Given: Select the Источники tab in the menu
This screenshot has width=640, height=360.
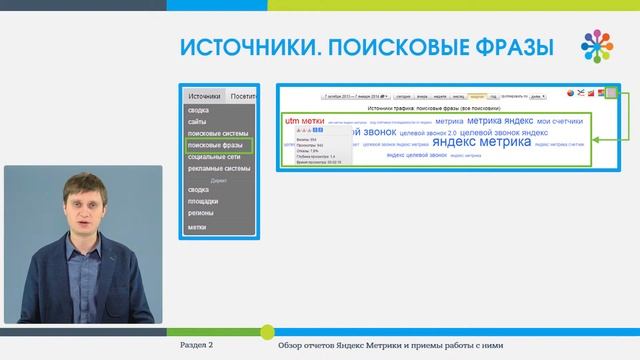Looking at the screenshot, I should (204, 97).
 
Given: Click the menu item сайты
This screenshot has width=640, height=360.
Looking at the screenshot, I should (197, 122).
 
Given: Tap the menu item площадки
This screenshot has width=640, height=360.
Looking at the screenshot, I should (203, 201).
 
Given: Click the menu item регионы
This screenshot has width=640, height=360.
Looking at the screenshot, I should (201, 212).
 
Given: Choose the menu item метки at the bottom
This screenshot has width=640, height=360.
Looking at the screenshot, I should (197, 227).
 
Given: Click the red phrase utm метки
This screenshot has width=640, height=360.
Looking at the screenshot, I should (305, 121).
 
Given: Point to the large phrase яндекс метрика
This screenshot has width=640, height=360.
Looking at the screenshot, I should (481, 142).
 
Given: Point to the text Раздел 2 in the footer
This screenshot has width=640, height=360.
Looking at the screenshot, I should (196, 345).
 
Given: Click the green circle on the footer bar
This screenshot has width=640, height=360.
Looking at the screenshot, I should (267, 331).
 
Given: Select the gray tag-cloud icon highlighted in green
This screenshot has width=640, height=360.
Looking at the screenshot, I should (610, 94).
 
